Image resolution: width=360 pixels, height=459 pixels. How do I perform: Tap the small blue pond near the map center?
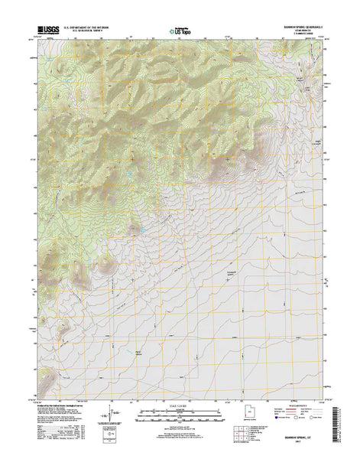(x=140, y=229)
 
